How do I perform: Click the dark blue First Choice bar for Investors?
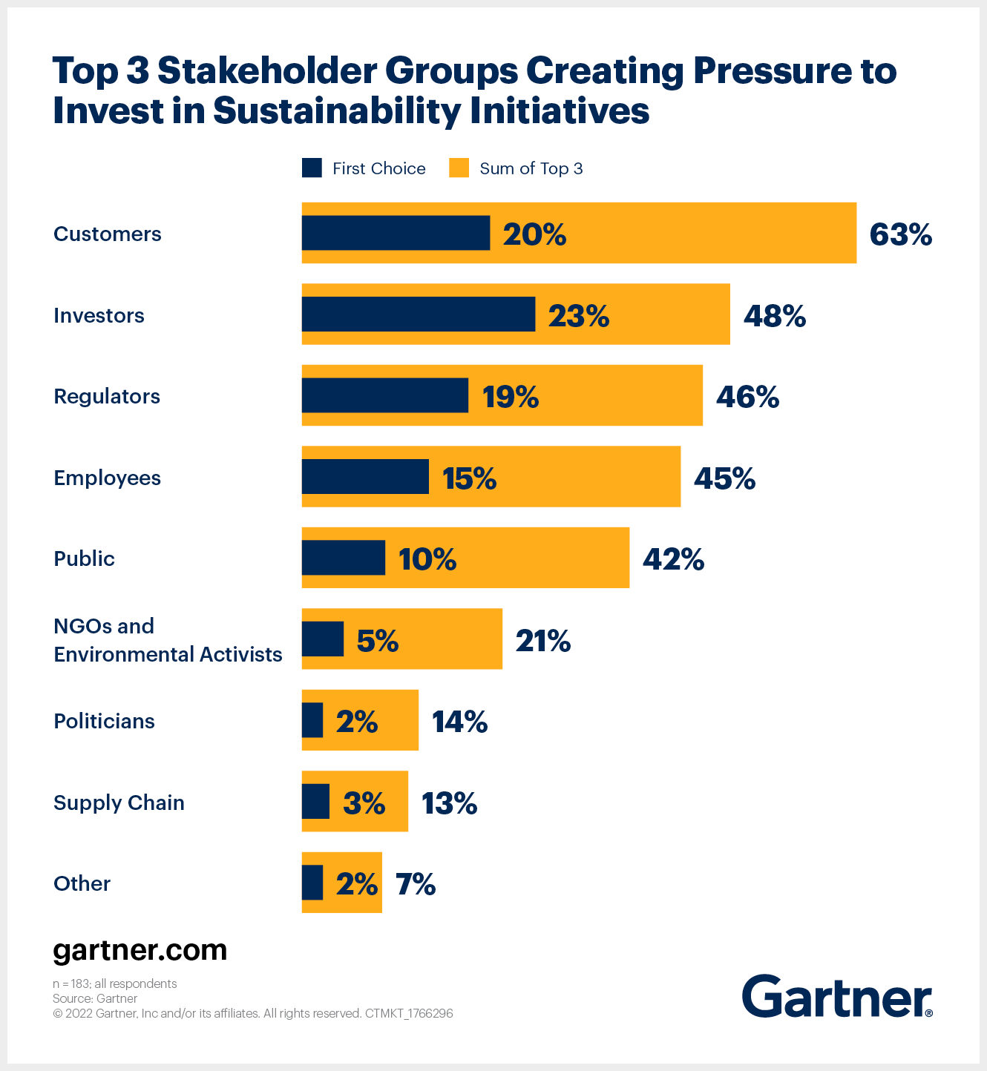[418, 314]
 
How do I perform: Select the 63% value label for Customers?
[900, 234]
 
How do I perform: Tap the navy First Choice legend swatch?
[312, 168]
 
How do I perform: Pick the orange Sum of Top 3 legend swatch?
[459, 168]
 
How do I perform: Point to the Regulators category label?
[107, 396]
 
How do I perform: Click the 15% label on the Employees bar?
[469, 478]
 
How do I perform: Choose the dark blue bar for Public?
[343, 558]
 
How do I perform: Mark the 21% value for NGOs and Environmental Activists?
[543, 641]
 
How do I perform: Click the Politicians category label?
[104, 721]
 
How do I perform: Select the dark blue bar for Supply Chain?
[315, 801]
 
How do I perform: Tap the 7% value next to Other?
[416, 884]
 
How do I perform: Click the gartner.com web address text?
[140, 950]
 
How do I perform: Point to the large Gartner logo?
[836, 996]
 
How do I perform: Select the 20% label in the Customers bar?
[534, 234]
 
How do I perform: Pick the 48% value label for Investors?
[775, 316]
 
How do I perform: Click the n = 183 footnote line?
[115, 983]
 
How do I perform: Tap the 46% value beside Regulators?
[747, 398]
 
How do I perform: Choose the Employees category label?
[107, 478]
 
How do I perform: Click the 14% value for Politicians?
[459, 722]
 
